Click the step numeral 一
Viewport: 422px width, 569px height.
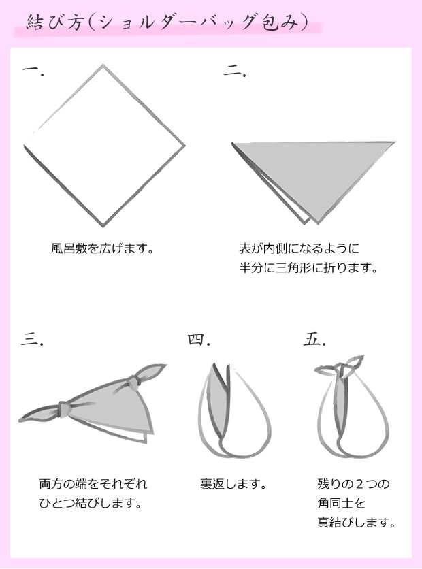[x=33, y=70]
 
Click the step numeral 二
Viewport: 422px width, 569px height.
[x=234, y=71]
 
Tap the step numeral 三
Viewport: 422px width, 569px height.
[x=32, y=340]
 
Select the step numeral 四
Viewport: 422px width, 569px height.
[x=199, y=339]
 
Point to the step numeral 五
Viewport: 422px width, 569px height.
[x=315, y=338]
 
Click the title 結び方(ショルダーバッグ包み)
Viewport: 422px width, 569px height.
[x=166, y=22]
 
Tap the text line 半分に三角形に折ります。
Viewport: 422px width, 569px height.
[x=308, y=268]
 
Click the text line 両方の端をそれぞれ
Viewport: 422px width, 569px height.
[x=93, y=485]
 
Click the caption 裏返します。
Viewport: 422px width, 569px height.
[x=232, y=485]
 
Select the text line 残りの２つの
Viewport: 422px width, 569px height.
[x=353, y=485]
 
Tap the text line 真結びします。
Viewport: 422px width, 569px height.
[x=356, y=523]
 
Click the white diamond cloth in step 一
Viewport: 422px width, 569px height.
[x=103, y=145]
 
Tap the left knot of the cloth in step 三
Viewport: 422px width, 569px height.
[x=65, y=408]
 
